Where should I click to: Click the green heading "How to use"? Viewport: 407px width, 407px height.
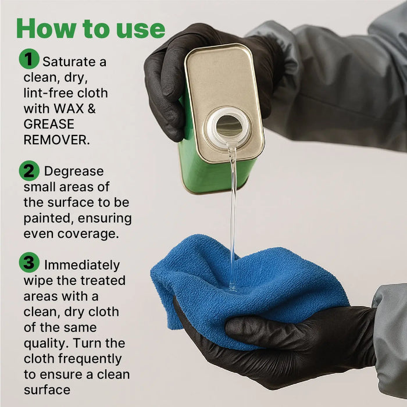pos(91,28)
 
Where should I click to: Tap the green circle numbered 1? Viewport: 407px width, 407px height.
pos(29,59)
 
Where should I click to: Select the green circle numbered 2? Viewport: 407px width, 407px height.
pos(29,171)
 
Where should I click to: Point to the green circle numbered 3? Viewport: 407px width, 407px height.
pos(29,262)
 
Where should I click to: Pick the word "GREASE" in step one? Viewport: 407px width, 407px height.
pos(49,124)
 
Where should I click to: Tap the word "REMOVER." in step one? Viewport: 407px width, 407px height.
pos(56,140)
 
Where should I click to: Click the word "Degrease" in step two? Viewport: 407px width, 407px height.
pos(74,172)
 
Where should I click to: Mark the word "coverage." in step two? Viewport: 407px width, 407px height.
pos(88,234)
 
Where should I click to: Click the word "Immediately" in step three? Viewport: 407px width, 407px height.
pos(82,265)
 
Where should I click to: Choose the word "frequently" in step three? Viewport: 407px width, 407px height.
pos(90,359)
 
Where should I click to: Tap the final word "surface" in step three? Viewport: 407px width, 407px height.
pos(47,390)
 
